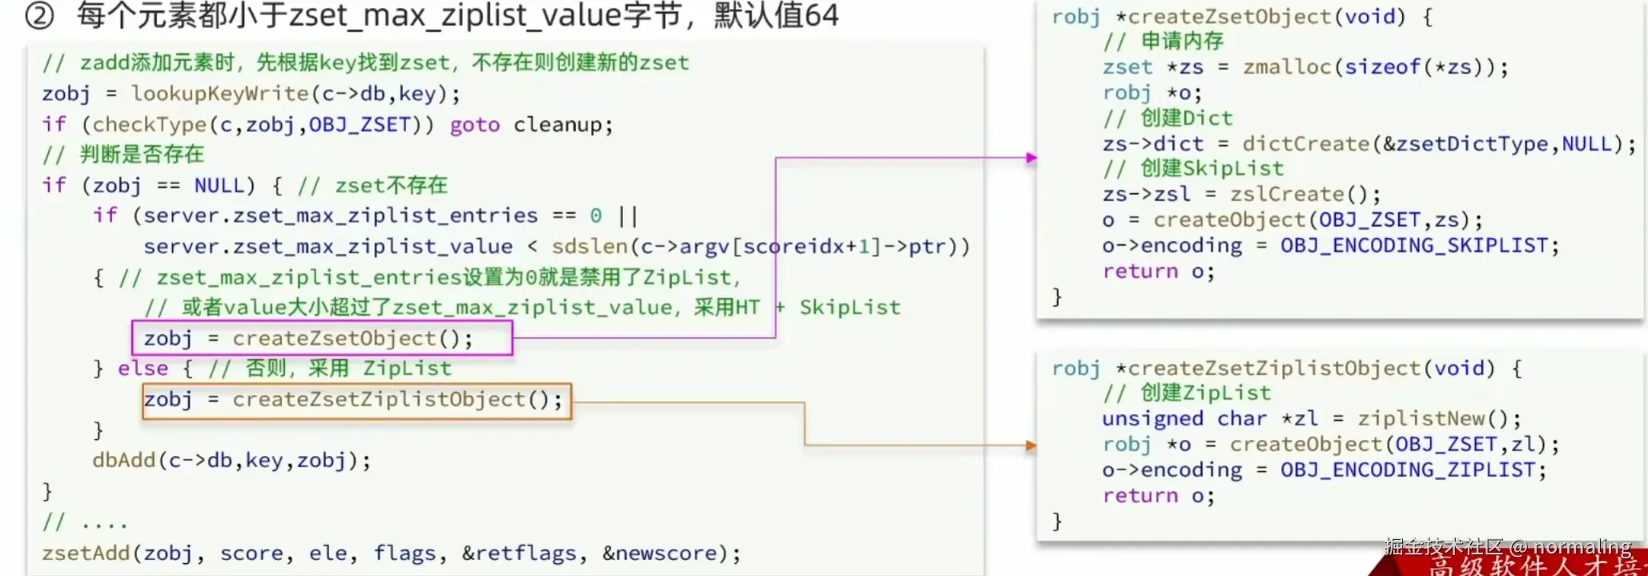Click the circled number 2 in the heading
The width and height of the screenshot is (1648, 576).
click(39, 15)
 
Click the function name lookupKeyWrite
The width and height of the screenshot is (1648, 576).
click(220, 94)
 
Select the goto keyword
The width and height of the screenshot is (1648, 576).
click(474, 125)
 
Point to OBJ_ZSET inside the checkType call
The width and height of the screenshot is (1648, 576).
click(360, 125)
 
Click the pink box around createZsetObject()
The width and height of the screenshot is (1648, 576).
click(322, 339)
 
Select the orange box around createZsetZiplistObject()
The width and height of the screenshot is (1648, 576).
click(357, 401)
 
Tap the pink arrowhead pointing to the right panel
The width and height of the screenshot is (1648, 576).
click(1031, 158)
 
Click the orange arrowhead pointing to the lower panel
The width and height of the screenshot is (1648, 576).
click(1031, 445)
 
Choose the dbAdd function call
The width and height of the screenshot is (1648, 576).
click(231, 461)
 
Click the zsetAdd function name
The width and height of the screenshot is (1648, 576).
click(86, 554)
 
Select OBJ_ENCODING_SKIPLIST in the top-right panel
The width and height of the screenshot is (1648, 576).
click(1414, 246)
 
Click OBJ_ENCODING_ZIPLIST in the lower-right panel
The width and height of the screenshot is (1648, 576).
click(1407, 470)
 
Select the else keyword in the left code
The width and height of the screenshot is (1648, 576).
click(143, 369)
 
